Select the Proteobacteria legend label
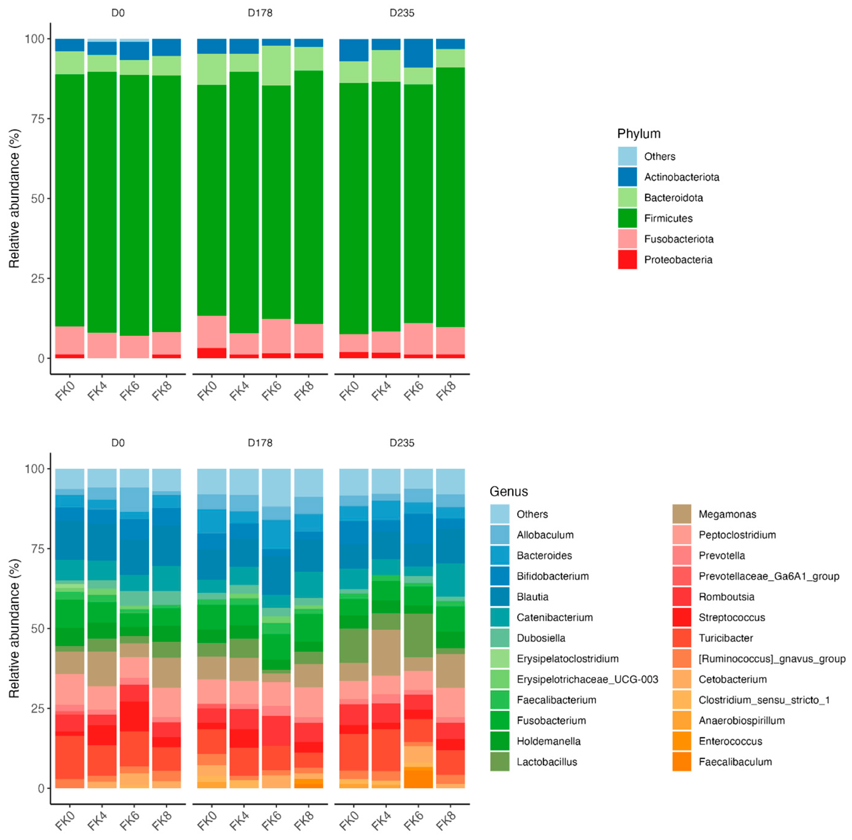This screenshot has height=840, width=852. click(x=678, y=259)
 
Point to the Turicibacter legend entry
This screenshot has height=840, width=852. click(x=726, y=638)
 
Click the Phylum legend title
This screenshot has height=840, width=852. click(x=639, y=133)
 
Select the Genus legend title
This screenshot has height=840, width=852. click(x=509, y=491)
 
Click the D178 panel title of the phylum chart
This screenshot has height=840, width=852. click(x=260, y=13)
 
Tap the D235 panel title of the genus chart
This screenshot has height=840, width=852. click(x=402, y=443)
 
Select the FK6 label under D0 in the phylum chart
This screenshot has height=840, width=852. click(x=129, y=390)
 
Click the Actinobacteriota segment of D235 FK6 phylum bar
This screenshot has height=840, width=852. click(x=418, y=53)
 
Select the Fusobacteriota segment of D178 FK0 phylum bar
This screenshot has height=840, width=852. click(x=212, y=331)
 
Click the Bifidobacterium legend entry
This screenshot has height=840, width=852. click(x=552, y=576)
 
